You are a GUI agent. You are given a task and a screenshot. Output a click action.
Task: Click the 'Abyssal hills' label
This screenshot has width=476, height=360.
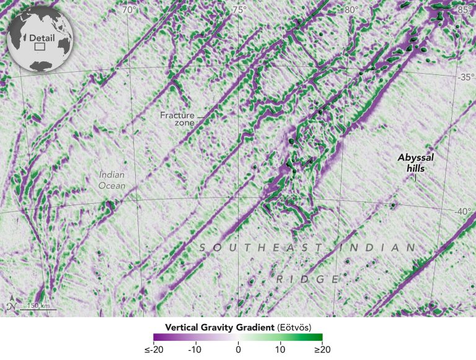[x=416, y=162]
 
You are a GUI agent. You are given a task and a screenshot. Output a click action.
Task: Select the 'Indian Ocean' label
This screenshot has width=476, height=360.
[x=112, y=180]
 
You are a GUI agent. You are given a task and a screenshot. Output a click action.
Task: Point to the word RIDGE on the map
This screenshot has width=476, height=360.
[x=308, y=279]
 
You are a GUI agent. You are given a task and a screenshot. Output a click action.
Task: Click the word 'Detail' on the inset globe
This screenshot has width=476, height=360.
[x=41, y=38]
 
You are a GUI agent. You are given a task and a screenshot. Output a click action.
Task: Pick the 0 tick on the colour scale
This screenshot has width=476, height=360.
[x=238, y=350]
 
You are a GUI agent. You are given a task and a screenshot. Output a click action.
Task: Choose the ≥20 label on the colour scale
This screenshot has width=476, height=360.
[x=323, y=350]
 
